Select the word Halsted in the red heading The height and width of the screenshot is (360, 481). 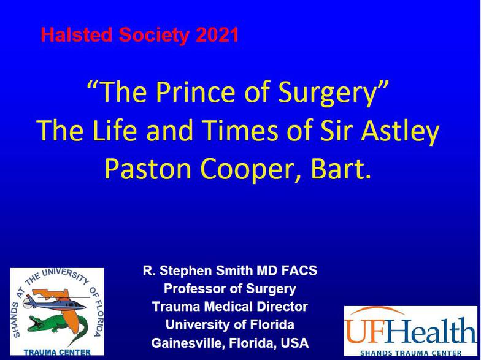pyautogui.click(x=77, y=34)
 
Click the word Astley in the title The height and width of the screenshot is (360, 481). pyautogui.click(x=400, y=130)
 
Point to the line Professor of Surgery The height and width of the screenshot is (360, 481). pyautogui.click(x=229, y=289)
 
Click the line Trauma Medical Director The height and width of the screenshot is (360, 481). pyautogui.click(x=229, y=307)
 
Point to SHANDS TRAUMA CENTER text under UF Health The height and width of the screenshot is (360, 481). pyautogui.click(x=410, y=353)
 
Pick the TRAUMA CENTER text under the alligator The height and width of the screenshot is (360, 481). pyautogui.click(x=57, y=353)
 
